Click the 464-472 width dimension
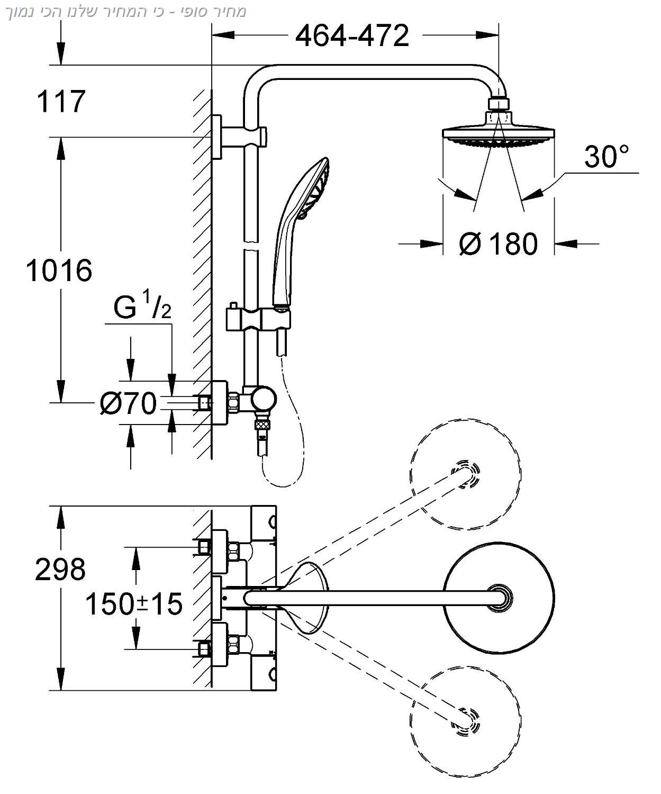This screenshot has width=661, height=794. click(352, 36)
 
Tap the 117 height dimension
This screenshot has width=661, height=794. click(61, 102)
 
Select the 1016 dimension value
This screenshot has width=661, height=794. click(59, 270)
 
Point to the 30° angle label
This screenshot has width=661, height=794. click(606, 156)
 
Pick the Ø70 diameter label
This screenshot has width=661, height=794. click(128, 403)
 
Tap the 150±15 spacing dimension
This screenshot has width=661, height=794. click(134, 604)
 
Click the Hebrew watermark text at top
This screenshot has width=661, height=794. click(126, 12)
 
